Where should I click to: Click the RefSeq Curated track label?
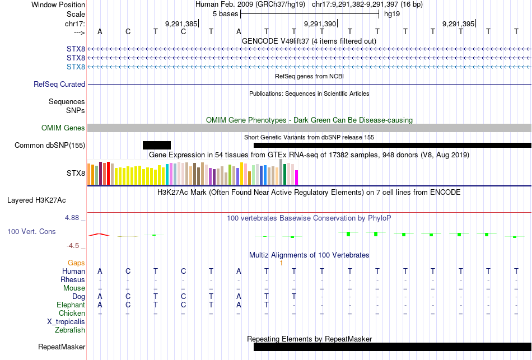click(x=59, y=84)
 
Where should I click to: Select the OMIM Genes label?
click(x=63, y=128)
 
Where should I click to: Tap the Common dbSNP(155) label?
click(x=50, y=146)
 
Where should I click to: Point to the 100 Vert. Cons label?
click(x=31, y=231)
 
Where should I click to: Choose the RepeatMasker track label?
click(x=62, y=347)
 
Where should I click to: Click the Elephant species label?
click(x=71, y=305)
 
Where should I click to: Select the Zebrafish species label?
click(x=70, y=330)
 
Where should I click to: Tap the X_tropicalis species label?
click(x=66, y=321)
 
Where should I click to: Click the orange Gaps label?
click(x=76, y=263)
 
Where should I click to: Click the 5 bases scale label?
click(x=225, y=13)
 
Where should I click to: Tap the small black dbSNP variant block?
click(x=157, y=146)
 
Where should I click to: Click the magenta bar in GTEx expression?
click(x=296, y=177)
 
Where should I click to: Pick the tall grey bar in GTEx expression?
click(x=281, y=171)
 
